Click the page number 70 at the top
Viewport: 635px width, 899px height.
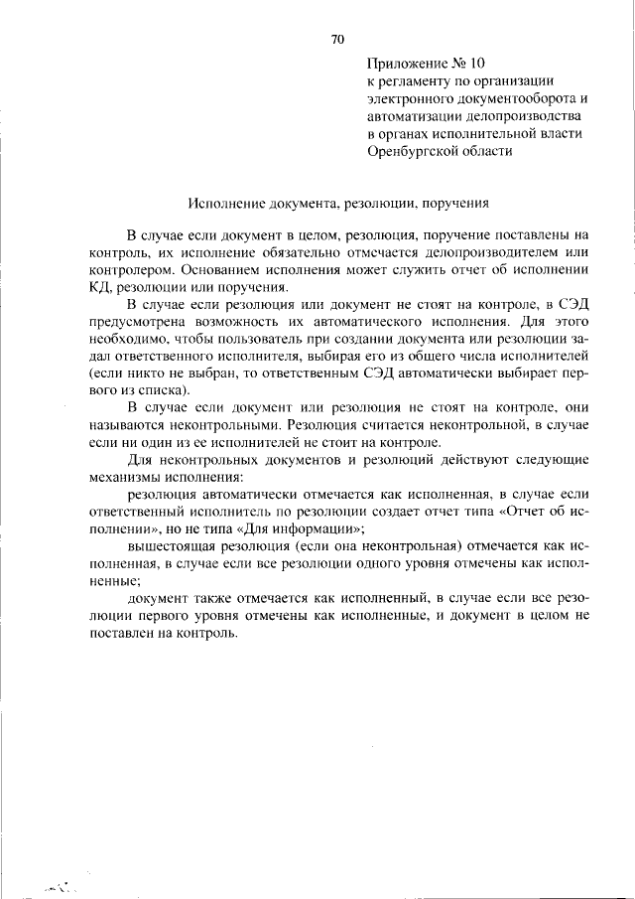click(x=336, y=40)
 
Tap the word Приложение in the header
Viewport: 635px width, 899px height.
click(x=403, y=62)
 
